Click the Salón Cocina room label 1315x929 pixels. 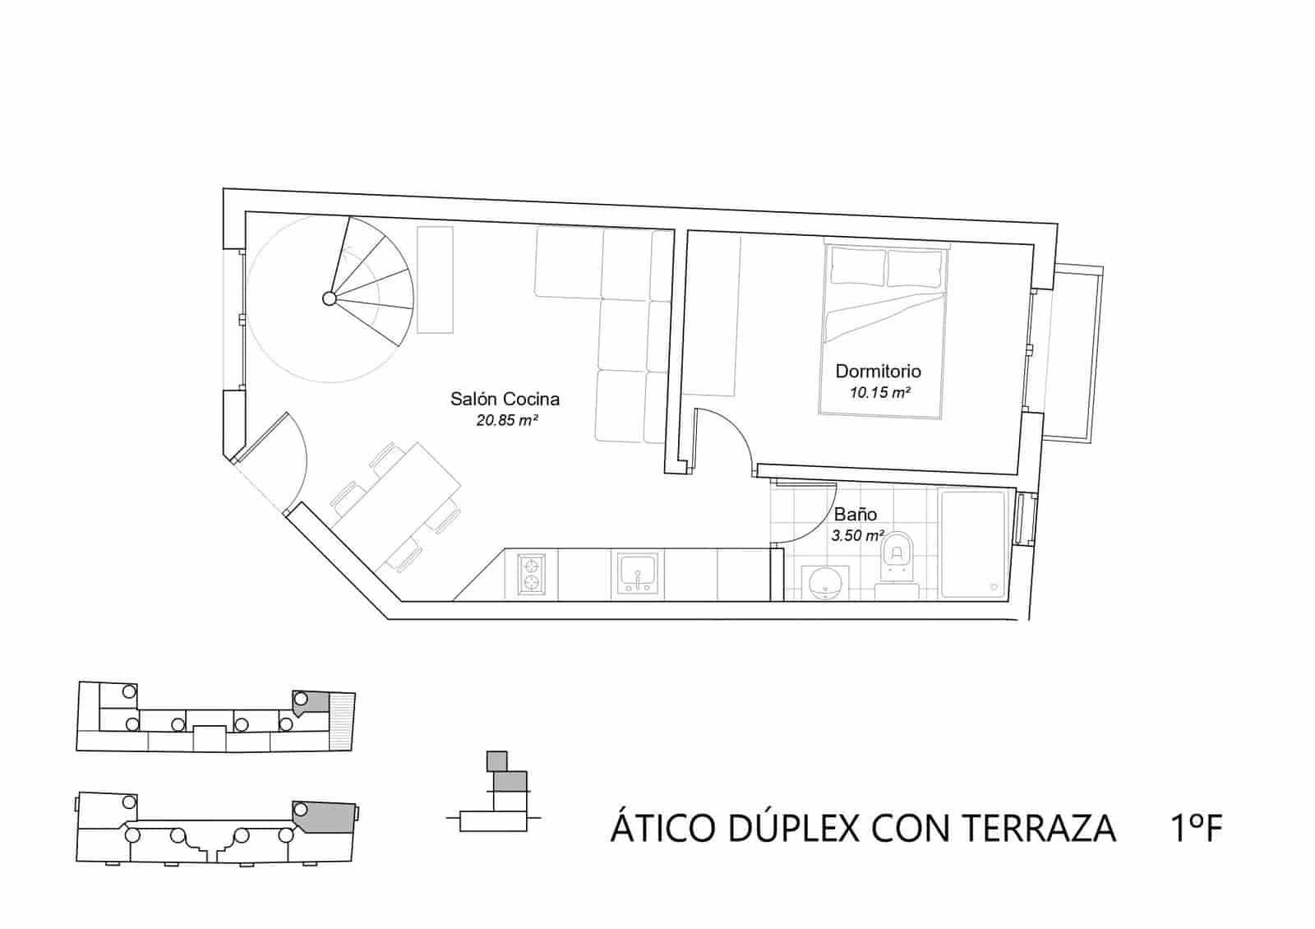[x=505, y=400]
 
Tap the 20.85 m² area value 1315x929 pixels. [x=507, y=421]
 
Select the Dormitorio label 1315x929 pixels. [x=878, y=372]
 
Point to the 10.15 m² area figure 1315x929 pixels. [x=879, y=393]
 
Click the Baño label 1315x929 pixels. [x=856, y=515]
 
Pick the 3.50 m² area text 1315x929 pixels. [x=857, y=536]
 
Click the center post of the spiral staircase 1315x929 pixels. [x=329, y=298]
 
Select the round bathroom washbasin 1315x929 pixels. [x=824, y=582]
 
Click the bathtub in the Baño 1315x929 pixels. [x=973, y=543]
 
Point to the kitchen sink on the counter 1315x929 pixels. [x=637, y=574]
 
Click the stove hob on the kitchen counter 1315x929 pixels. [x=531, y=574]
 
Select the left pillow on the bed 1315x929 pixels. [x=858, y=267]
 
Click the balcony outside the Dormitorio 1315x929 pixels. [x=1073, y=354]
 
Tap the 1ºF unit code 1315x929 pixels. [x=1195, y=829]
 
